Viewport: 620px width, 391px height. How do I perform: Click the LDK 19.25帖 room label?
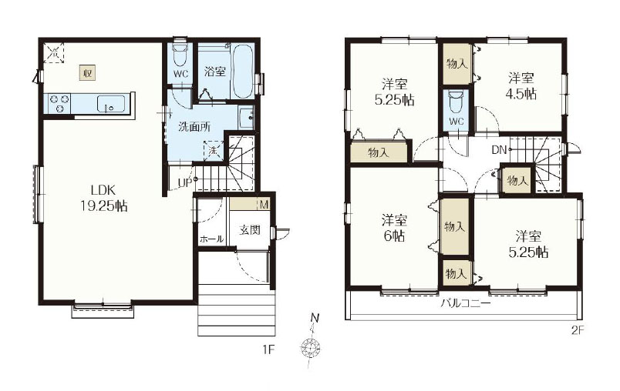(103, 198)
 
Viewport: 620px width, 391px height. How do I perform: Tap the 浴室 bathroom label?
(215, 72)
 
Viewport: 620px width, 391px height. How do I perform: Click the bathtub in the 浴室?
(242, 72)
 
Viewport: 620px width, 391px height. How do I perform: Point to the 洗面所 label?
(194, 127)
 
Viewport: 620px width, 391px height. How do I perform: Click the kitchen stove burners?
(59, 103)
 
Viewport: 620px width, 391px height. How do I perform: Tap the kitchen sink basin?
(111, 105)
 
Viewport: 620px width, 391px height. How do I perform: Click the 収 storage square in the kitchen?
(88, 73)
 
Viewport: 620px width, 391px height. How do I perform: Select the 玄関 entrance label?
(250, 229)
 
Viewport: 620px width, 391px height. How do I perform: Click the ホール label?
(211, 239)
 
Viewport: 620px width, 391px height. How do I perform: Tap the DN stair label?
(499, 149)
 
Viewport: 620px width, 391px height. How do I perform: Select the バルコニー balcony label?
(466, 303)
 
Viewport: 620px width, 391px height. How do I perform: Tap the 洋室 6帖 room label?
(394, 228)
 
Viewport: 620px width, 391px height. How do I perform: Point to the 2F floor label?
(577, 330)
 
